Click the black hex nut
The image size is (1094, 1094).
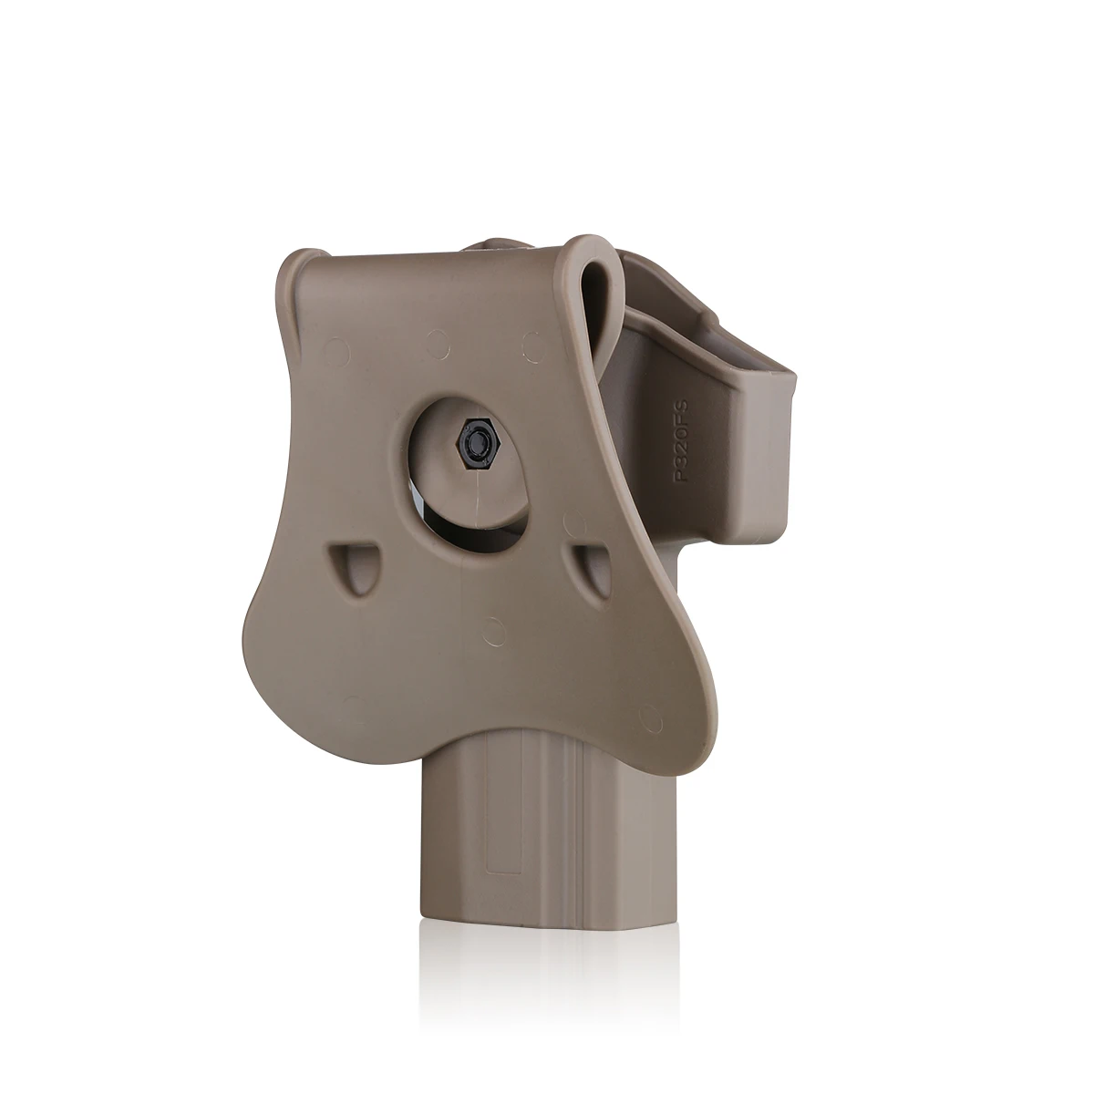(476, 440)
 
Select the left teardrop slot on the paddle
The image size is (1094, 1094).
(353, 568)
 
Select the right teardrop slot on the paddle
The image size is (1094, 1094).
(589, 570)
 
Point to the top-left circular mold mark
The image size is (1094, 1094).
(337, 352)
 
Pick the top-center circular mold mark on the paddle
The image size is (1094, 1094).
(438, 345)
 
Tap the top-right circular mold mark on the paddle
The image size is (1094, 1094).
(533, 346)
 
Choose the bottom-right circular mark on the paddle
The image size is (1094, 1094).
(651, 719)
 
